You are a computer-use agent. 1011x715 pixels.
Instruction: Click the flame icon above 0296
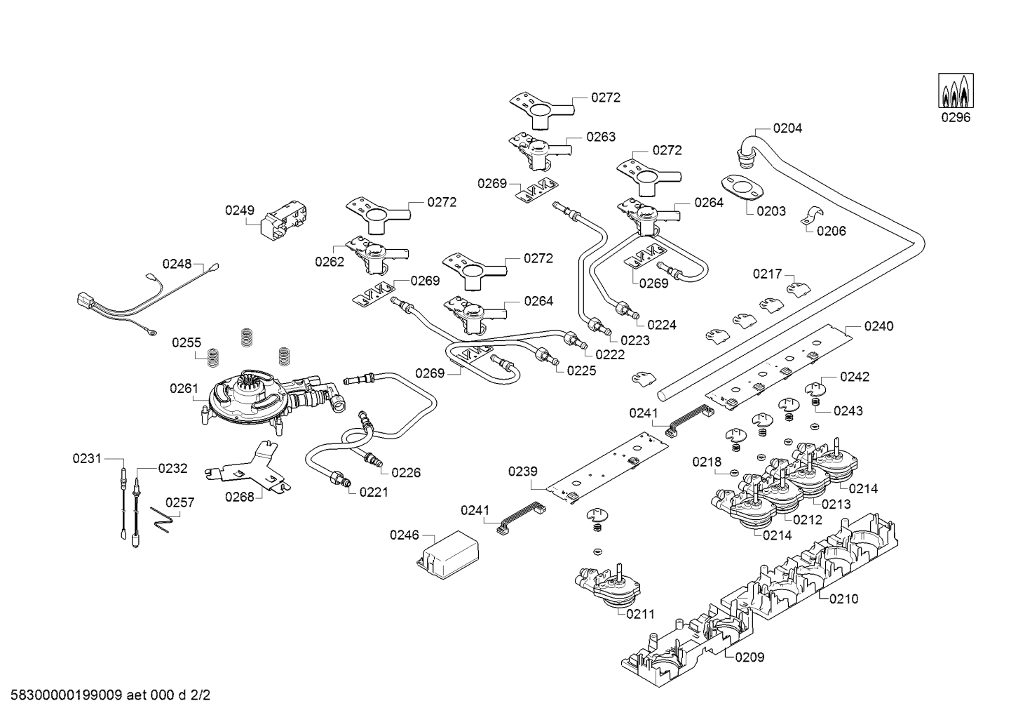(x=956, y=90)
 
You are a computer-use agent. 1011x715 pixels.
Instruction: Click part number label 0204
(x=787, y=128)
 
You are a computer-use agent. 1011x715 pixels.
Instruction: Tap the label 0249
(x=239, y=210)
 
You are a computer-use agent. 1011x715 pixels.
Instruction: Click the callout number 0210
(x=843, y=599)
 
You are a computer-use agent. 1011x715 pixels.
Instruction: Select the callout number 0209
(x=749, y=657)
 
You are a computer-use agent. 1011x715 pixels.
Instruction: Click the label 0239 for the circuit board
(x=522, y=473)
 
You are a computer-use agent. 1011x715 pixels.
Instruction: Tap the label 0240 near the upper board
(x=878, y=326)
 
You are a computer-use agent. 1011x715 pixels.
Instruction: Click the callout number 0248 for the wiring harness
(x=177, y=264)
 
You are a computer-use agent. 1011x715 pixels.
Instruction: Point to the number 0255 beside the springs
(x=186, y=342)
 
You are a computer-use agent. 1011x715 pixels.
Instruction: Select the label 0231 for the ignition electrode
(x=87, y=458)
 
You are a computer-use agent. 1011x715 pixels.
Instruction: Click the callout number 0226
(x=406, y=472)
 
